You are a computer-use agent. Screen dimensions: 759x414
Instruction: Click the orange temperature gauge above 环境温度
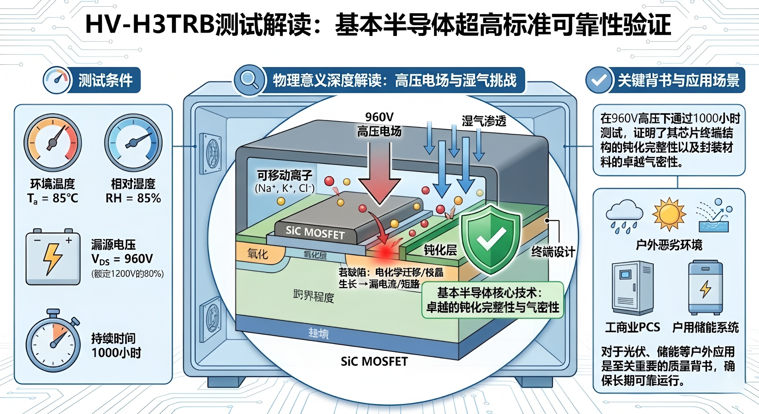[x=53, y=143]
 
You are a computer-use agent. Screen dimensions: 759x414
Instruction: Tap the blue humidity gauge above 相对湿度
[x=133, y=143]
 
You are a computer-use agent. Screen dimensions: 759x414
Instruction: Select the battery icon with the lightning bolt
[x=53, y=257]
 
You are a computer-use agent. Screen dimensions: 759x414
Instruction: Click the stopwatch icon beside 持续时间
[x=53, y=343]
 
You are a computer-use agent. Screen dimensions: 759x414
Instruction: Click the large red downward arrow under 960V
[x=379, y=174]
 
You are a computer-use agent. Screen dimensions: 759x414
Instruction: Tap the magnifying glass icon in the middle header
[x=249, y=80]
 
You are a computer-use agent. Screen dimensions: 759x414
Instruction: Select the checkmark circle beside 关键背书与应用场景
[x=599, y=80]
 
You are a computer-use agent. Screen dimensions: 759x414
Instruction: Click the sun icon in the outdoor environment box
[x=669, y=214]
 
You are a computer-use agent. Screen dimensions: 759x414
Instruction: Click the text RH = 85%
[x=133, y=198]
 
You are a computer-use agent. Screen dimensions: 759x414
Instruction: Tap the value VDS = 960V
[x=122, y=258]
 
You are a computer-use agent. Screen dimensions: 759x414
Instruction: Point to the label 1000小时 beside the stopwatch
[x=116, y=353]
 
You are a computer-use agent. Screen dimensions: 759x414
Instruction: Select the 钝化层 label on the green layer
[x=440, y=250]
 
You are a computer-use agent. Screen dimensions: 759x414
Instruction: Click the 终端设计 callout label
[x=553, y=252]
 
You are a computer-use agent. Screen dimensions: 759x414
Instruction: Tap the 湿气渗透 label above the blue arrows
[x=484, y=121]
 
